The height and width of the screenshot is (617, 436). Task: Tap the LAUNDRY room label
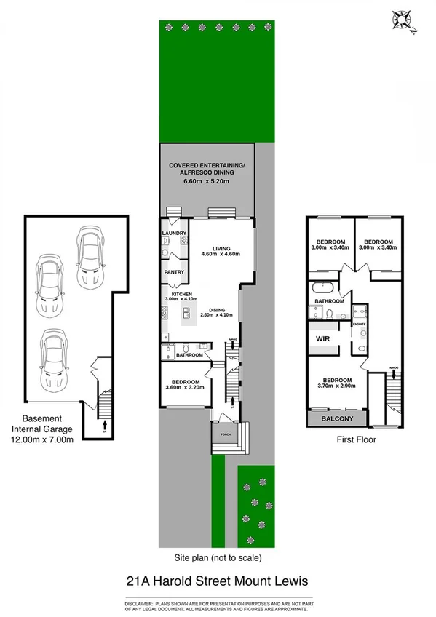point(174,234)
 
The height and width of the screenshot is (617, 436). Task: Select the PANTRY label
point(174,272)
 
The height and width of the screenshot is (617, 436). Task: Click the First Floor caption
point(355,439)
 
